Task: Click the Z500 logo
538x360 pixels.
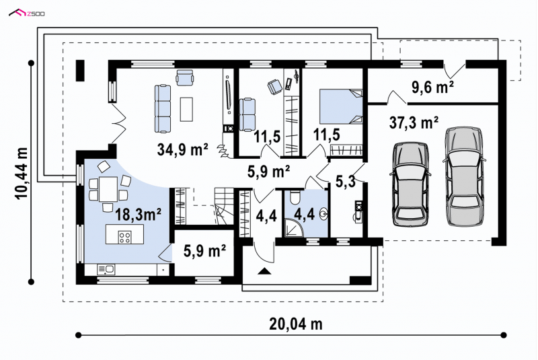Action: click(x=26, y=13)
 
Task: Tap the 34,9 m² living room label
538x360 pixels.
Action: click(x=182, y=149)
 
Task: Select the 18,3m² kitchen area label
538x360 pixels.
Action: click(x=139, y=215)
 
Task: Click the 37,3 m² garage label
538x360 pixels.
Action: click(x=414, y=122)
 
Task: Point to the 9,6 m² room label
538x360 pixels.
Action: click(x=432, y=87)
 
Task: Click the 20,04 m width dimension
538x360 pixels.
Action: click(x=296, y=324)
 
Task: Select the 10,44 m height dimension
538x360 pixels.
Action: click(x=21, y=174)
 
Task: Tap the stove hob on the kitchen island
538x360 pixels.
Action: click(x=124, y=237)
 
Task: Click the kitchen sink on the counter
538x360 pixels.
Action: click(x=106, y=269)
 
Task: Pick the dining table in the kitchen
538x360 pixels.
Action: click(x=108, y=189)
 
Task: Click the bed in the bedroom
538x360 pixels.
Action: click(x=341, y=106)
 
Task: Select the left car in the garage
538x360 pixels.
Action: click(x=410, y=184)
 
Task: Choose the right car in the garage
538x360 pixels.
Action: click(x=465, y=176)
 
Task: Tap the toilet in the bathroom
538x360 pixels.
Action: click(x=295, y=197)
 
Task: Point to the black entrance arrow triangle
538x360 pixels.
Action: click(x=264, y=271)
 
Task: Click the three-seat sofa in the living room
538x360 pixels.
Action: click(x=163, y=109)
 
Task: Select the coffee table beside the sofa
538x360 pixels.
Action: click(x=187, y=109)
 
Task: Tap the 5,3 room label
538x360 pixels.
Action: click(x=345, y=182)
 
